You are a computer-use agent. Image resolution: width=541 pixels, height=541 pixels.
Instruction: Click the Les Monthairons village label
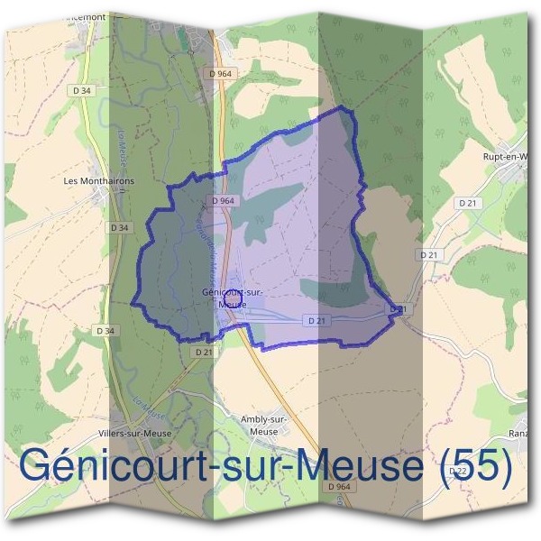tap(99, 180)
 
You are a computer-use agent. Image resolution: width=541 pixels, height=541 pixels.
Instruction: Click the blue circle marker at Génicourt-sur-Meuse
tap(233, 295)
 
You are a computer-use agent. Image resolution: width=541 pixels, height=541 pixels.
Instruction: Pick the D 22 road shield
tap(457, 471)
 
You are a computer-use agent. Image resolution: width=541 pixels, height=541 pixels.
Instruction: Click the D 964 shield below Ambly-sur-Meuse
tap(339, 487)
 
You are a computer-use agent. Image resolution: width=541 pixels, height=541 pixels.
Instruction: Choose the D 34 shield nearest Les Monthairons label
tap(119, 228)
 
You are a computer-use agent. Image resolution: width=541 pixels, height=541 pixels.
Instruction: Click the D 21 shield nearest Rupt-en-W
tap(467, 204)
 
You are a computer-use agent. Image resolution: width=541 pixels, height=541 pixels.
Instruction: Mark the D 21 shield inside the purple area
tap(316, 320)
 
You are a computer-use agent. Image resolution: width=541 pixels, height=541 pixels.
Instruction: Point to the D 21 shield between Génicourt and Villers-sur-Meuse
tap(204, 353)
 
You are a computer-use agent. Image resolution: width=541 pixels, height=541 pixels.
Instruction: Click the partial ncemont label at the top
tap(87, 17)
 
